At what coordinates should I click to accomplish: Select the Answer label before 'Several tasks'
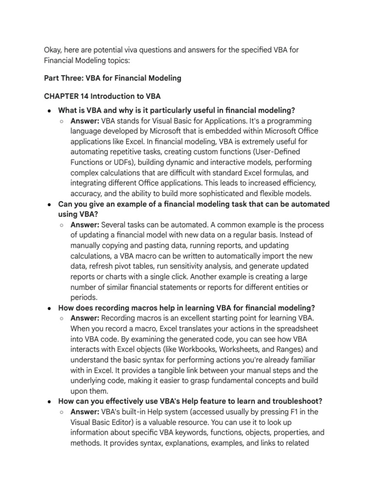[85, 225]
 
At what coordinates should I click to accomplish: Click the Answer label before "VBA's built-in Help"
[85, 412]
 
